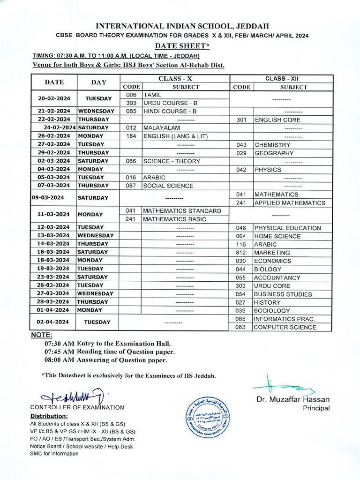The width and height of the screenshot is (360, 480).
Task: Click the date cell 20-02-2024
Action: click(54, 98)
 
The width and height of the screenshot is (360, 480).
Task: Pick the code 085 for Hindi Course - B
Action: click(131, 111)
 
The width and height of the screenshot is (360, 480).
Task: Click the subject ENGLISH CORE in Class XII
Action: click(277, 120)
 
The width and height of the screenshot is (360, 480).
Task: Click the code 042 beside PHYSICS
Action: click(241, 170)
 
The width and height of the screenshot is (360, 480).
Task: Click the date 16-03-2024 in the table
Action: click(54, 252)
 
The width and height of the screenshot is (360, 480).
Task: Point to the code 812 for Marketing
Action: click(241, 253)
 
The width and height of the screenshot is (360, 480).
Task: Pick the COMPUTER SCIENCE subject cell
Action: click(285, 327)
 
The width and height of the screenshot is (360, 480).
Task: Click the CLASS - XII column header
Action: click(282, 79)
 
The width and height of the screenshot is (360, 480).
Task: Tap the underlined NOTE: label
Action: click(42, 335)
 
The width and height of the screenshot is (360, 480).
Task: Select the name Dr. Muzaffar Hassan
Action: click(292, 399)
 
